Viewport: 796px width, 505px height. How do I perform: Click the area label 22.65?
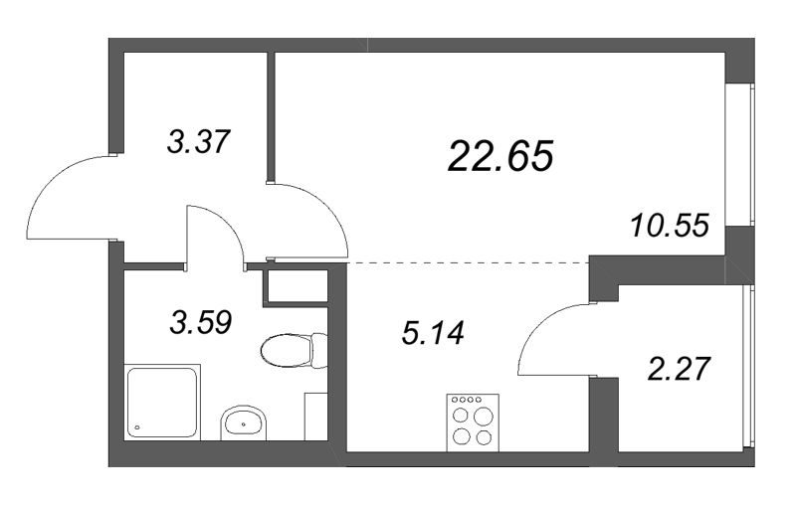pyautogui.click(x=500, y=156)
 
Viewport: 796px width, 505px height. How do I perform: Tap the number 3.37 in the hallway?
pyautogui.click(x=199, y=141)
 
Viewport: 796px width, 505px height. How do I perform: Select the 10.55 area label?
pyautogui.click(x=670, y=225)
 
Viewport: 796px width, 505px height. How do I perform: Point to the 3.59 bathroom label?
pyautogui.click(x=201, y=322)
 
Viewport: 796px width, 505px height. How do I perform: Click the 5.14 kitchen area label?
pyautogui.click(x=433, y=334)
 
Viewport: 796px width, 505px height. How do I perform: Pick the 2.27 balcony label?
pyautogui.click(x=678, y=369)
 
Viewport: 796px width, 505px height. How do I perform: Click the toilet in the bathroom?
pyautogui.click(x=294, y=350)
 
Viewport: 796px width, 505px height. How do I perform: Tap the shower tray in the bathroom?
pyautogui.click(x=162, y=402)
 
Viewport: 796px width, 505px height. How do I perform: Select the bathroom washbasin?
pyautogui.click(x=244, y=422)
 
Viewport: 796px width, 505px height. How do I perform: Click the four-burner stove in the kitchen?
pyautogui.click(x=473, y=422)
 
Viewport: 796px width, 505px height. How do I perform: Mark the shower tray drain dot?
pyautogui.click(x=136, y=427)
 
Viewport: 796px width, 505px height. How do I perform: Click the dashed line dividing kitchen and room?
pyautogui.click(x=468, y=262)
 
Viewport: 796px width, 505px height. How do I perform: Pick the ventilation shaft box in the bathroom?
pyautogui.click(x=295, y=287)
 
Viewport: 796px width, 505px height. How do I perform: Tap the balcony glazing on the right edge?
pyautogui.click(x=748, y=367)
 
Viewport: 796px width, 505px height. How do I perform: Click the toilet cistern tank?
pyautogui.click(x=319, y=350)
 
